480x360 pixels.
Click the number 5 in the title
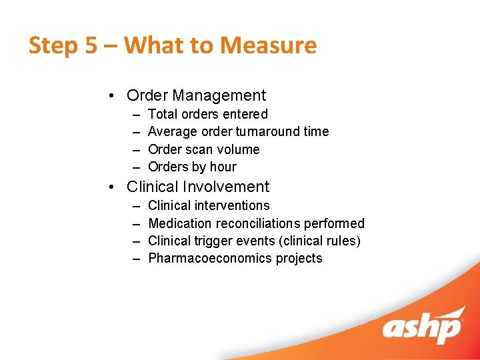click(x=91, y=45)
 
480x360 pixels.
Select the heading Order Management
click(x=196, y=96)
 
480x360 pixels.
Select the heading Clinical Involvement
click(x=198, y=187)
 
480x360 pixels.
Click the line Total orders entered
click(x=207, y=114)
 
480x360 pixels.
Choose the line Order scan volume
click(x=203, y=149)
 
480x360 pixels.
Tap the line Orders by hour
click(x=192, y=167)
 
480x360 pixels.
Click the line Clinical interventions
click(x=209, y=205)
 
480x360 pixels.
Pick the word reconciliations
click(x=258, y=223)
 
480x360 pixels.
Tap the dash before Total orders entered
click(x=136, y=115)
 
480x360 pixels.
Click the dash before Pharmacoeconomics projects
click(x=136, y=259)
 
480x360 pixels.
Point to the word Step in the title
click(x=52, y=45)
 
